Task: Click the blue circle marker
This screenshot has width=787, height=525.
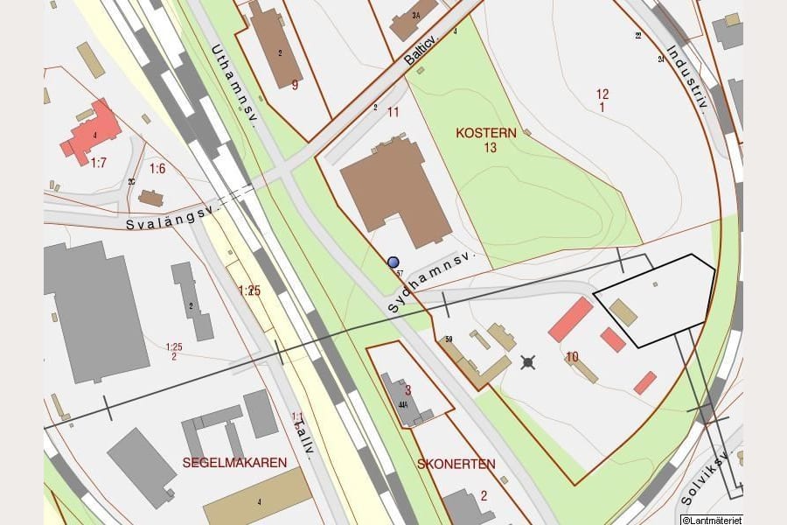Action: click(393, 262)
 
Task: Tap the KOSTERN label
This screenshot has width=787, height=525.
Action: click(486, 133)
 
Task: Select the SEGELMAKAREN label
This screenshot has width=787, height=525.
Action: click(234, 462)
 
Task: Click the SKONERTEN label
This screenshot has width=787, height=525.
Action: click(456, 464)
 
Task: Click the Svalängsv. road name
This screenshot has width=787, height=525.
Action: click(171, 217)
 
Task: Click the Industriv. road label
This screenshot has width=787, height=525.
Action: click(686, 79)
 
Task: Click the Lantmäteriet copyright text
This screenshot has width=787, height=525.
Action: click(711, 520)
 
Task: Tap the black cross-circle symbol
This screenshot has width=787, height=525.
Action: click(528, 361)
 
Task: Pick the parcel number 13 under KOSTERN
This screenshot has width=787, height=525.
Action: click(490, 147)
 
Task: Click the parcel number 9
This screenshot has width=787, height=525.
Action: click(295, 85)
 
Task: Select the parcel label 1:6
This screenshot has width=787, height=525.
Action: click(157, 168)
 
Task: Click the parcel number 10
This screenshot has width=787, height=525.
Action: click(572, 356)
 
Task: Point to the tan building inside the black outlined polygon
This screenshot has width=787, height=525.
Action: click(623, 312)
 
